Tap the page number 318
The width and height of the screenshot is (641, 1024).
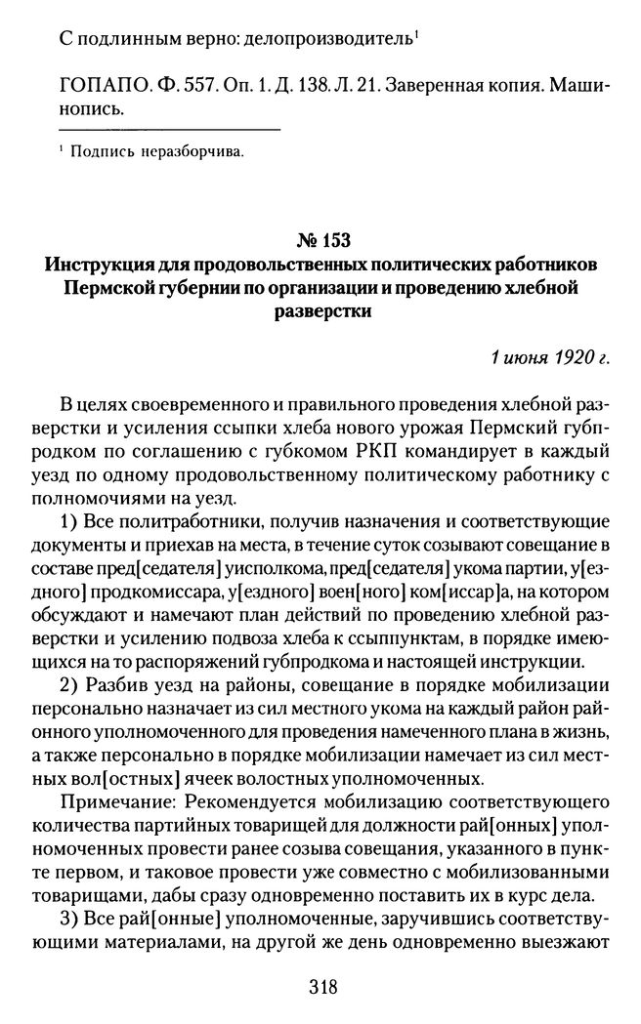click(321, 986)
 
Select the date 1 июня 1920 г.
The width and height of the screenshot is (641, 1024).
click(550, 357)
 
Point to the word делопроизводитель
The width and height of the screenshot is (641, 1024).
click(332, 40)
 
